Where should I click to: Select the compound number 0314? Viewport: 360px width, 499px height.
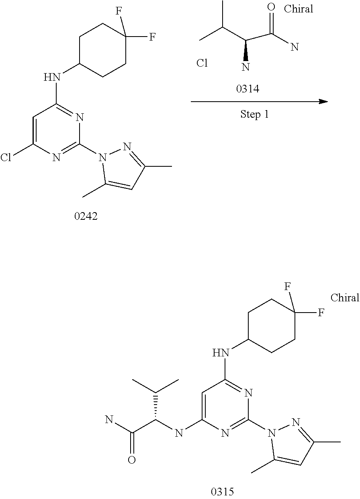[247, 89]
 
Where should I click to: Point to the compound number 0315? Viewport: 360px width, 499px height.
[222, 491]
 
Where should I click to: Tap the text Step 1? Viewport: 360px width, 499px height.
[254, 115]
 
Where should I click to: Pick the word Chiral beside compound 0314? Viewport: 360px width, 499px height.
[298, 9]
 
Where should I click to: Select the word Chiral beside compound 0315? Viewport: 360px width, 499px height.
[345, 298]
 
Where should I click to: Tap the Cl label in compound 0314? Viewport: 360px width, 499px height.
[202, 63]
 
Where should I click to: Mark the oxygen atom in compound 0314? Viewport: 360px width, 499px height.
[271, 7]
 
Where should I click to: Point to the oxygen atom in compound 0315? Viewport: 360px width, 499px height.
[131, 460]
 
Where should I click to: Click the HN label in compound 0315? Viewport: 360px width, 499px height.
[221, 353]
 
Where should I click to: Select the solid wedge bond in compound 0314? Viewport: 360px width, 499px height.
[245, 50]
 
